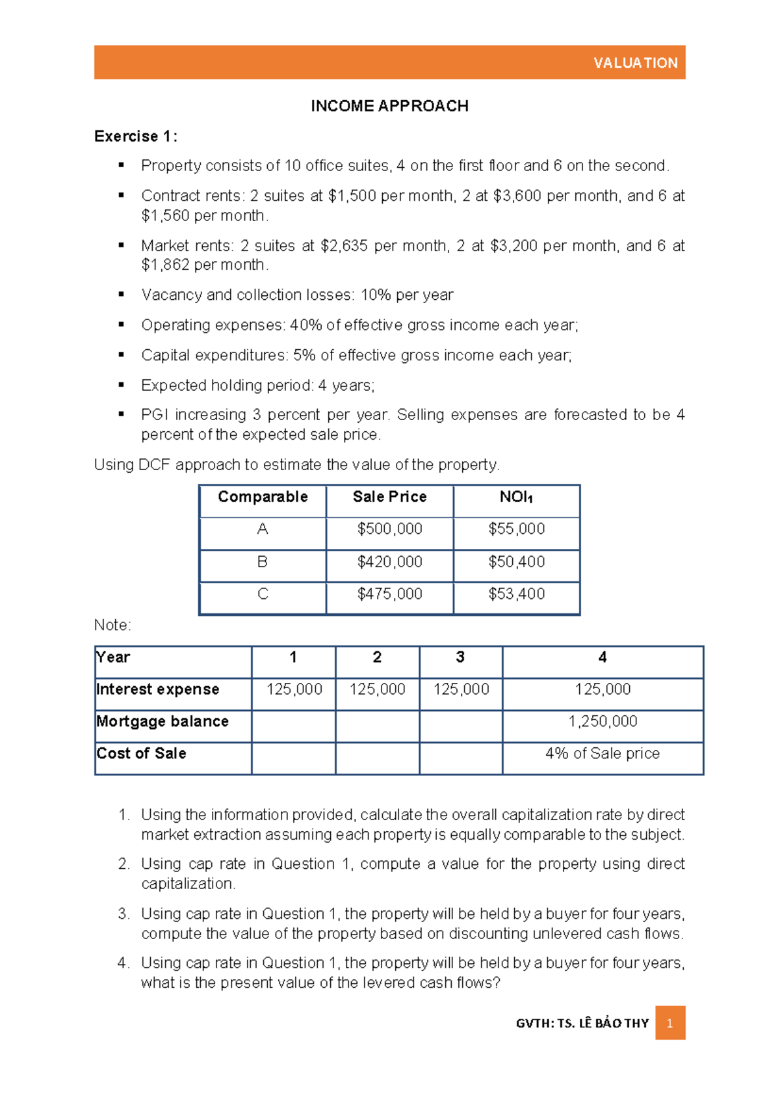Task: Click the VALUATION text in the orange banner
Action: (x=635, y=63)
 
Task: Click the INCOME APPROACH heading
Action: (x=389, y=106)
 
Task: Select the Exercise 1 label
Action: (x=135, y=137)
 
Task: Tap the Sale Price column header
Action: (x=389, y=497)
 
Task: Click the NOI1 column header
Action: (x=516, y=498)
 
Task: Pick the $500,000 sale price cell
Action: (x=389, y=529)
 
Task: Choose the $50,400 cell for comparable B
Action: (x=516, y=562)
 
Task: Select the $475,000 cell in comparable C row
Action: (x=389, y=594)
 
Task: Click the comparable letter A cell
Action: (x=263, y=529)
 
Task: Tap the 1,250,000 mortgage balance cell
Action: (x=603, y=721)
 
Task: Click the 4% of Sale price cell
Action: (x=603, y=753)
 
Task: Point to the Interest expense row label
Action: (x=157, y=689)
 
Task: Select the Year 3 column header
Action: (x=460, y=658)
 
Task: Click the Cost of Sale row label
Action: (x=141, y=753)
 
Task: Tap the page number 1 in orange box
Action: (x=669, y=1023)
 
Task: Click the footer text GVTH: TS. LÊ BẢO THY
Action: (x=582, y=1023)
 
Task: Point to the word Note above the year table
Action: (x=112, y=625)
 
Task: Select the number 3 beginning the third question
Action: (x=123, y=914)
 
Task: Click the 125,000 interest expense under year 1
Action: (x=294, y=689)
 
